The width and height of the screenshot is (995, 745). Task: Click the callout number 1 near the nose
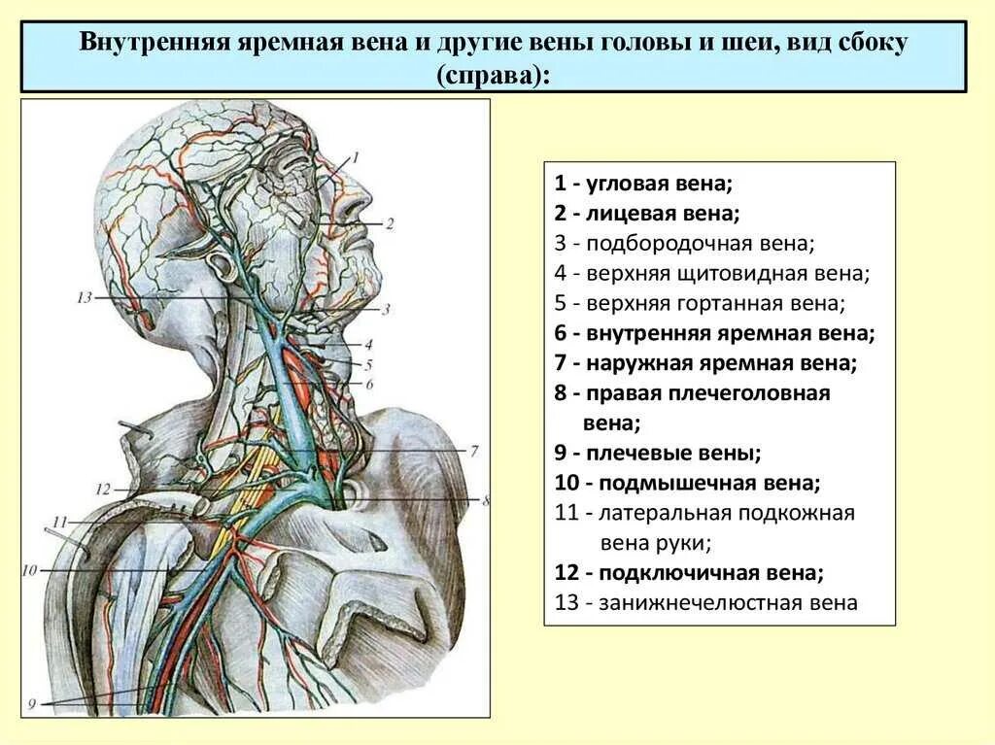[356, 155]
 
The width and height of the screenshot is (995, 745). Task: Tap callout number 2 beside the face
[390, 223]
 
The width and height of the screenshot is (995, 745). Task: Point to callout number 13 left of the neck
[85, 297]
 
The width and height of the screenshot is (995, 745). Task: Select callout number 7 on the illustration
[474, 451]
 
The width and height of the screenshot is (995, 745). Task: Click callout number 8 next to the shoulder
[486, 500]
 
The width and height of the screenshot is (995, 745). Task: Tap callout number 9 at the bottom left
[31, 704]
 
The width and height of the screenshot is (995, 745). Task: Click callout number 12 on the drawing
[105, 489]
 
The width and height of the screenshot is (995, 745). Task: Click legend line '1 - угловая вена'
[643, 183]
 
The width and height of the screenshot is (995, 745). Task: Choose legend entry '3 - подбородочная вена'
[684, 243]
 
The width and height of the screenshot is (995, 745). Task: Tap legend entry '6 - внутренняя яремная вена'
[715, 333]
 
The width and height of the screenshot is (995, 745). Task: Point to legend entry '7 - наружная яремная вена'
[705, 363]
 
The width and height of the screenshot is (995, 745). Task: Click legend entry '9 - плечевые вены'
[658, 453]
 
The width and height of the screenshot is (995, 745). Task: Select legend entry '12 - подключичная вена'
[690, 572]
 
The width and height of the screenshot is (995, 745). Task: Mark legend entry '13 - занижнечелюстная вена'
[706, 602]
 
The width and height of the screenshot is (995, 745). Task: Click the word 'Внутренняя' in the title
[154, 44]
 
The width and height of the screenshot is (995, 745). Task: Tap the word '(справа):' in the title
[494, 74]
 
